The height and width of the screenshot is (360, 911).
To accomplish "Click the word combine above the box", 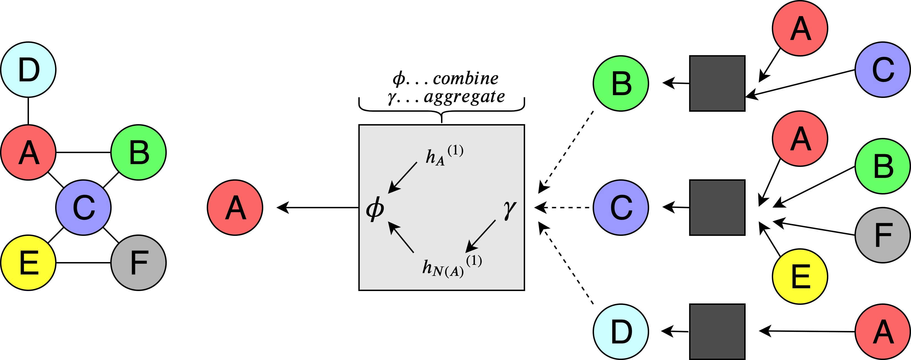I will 465,79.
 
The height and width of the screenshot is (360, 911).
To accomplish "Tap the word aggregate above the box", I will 464,97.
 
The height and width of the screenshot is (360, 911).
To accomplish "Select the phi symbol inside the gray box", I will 375,209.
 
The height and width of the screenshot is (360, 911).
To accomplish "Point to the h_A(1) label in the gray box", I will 444,155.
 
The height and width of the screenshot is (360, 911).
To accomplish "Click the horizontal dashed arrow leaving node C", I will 564,207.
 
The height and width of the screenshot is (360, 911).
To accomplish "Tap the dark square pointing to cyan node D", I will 717,332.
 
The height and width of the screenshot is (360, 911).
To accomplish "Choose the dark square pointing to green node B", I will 717,84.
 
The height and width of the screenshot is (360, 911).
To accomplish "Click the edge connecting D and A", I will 28,111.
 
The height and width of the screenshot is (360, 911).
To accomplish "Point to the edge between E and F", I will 84,263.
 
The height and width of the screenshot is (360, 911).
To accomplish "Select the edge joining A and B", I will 84,152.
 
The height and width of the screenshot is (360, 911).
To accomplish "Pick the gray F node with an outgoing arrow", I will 883,235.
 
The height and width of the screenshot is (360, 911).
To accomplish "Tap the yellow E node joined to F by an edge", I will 28,263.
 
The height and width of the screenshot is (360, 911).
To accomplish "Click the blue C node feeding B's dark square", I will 883,70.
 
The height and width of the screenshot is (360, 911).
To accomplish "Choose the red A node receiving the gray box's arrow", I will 235,207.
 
